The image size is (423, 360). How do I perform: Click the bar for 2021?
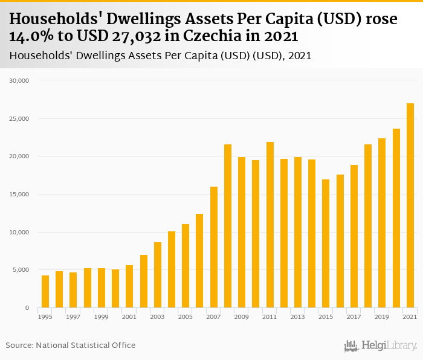pyautogui.click(x=410, y=205)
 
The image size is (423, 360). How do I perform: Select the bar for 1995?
pyautogui.click(x=45, y=292)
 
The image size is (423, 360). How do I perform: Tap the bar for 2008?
pyautogui.click(x=228, y=226)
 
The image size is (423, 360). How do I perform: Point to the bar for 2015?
pyautogui.click(x=326, y=243)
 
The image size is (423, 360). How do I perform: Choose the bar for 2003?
pyautogui.click(x=158, y=275)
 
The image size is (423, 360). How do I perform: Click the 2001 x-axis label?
pyautogui.click(x=129, y=317)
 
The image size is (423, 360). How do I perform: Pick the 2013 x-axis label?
pyautogui.click(x=298, y=317)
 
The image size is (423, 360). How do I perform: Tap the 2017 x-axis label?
pyautogui.click(x=354, y=317)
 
